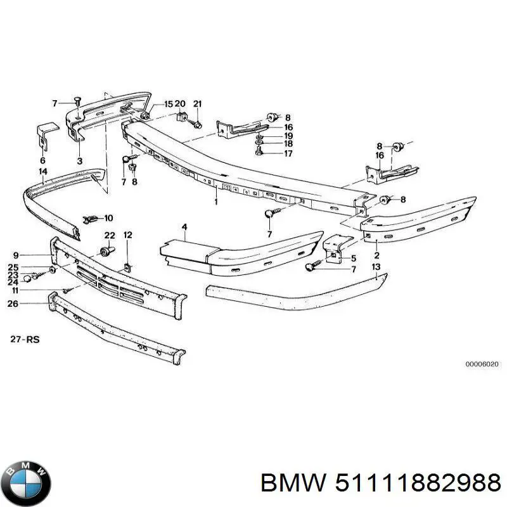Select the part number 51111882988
click(x=418, y=483)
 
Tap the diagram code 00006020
click(x=482, y=364)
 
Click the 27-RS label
click(x=25, y=339)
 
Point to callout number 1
click(x=216, y=202)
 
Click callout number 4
click(x=184, y=227)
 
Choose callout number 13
click(x=376, y=267)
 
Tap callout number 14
click(x=43, y=171)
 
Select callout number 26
click(x=13, y=304)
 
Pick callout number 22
click(x=110, y=235)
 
